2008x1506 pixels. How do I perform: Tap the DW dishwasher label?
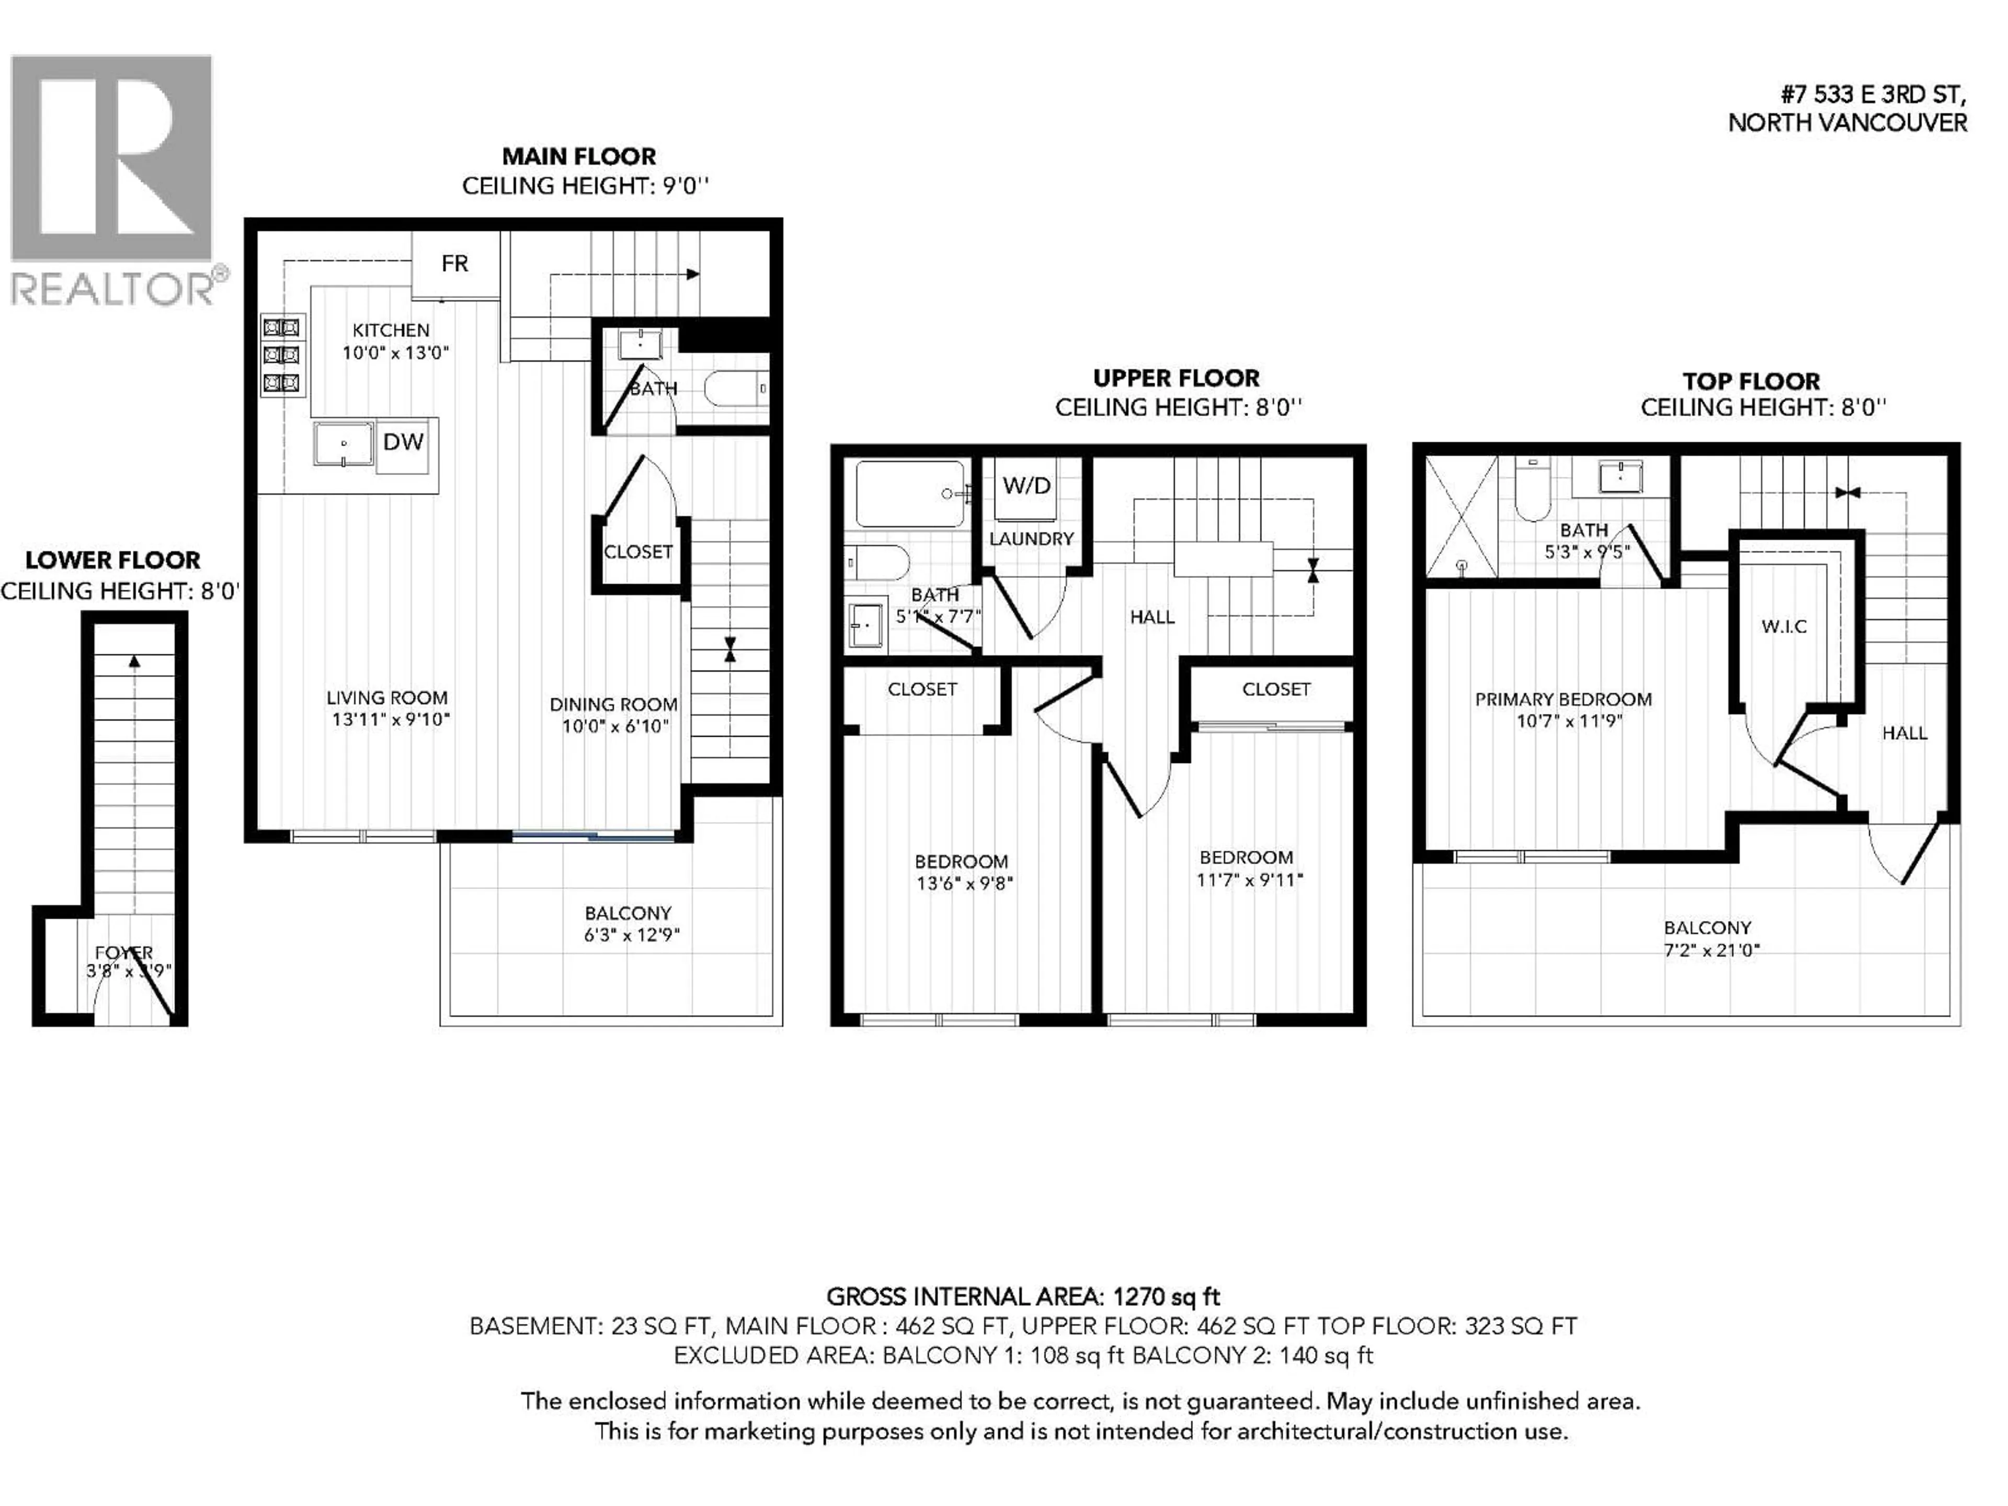pyautogui.click(x=403, y=442)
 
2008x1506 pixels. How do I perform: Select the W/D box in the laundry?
pyautogui.click(x=1026, y=486)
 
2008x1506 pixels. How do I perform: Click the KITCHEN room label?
pyautogui.click(x=391, y=330)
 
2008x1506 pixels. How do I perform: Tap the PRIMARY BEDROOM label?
pyautogui.click(x=1562, y=700)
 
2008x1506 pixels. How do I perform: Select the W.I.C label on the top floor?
pyautogui.click(x=1784, y=626)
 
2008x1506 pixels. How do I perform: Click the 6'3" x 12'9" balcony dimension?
pyautogui.click(x=632, y=935)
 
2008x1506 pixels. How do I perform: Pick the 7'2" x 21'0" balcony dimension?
pyautogui.click(x=1711, y=951)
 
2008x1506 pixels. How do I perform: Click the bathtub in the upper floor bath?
pyautogui.click(x=909, y=494)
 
